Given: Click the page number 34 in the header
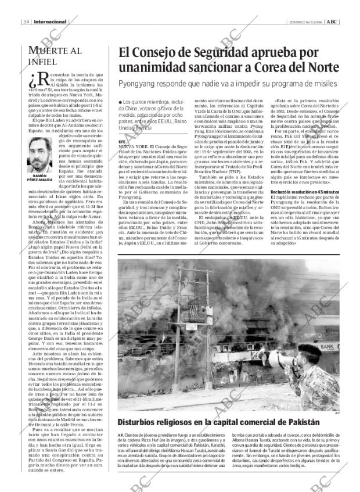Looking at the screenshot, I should (x=27, y=23).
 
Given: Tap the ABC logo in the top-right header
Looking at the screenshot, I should (x=332, y=22).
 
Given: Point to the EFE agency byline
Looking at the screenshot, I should (x=121, y=141).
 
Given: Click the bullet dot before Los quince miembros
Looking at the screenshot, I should (x=120, y=102).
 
